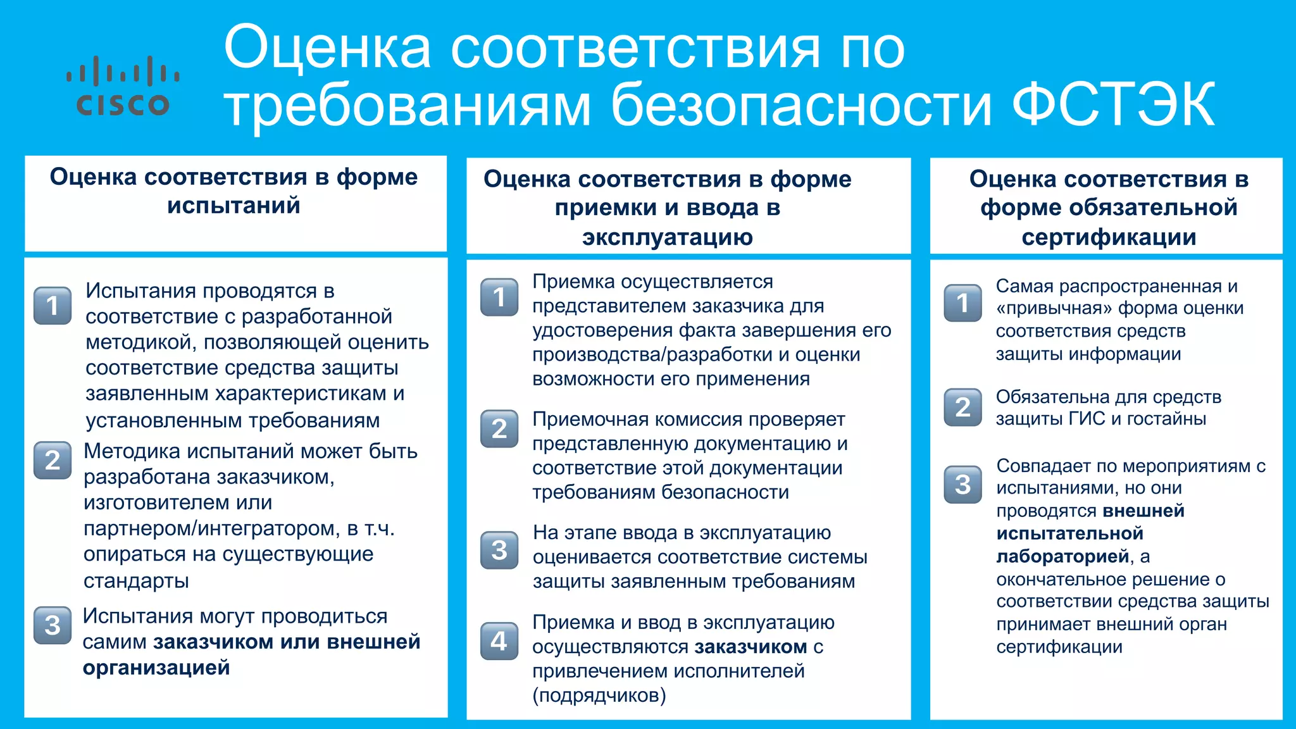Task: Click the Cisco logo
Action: tap(123, 87)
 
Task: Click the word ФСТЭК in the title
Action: tap(1112, 104)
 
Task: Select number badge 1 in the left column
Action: tap(53, 306)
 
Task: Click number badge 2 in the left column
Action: tap(53, 460)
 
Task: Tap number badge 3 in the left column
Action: tap(53, 625)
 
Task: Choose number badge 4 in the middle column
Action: tap(499, 641)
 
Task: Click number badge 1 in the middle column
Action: tap(499, 297)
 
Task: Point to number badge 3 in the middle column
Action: tap(499, 549)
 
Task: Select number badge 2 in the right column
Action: tap(963, 407)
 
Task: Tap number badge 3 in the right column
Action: tap(963, 485)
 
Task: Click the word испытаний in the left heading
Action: tap(234, 206)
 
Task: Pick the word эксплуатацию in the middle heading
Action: tap(667, 237)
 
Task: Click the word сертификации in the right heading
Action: tap(1108, 237)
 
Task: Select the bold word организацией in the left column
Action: tap(156, 668)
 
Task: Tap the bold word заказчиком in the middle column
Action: tap(750, 647)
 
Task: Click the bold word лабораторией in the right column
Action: tap(1062, 556)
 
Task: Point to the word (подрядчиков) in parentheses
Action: tap(599, 695)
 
